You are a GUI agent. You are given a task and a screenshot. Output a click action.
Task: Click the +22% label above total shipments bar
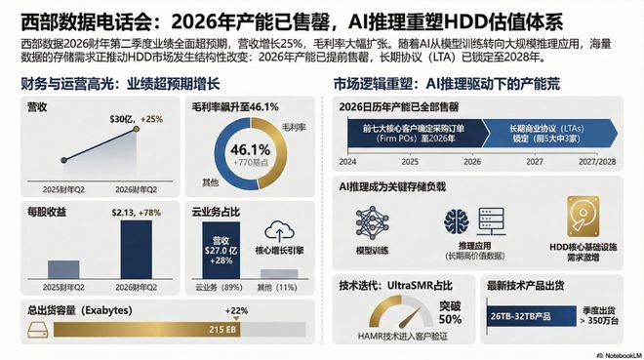[x=236, y=310]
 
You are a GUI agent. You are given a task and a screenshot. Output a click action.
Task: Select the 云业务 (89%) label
[x=220, y=288]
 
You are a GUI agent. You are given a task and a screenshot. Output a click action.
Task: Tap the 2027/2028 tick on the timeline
[x=601, y=162]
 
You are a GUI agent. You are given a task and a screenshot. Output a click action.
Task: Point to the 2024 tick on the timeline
[x=346, y=162]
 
